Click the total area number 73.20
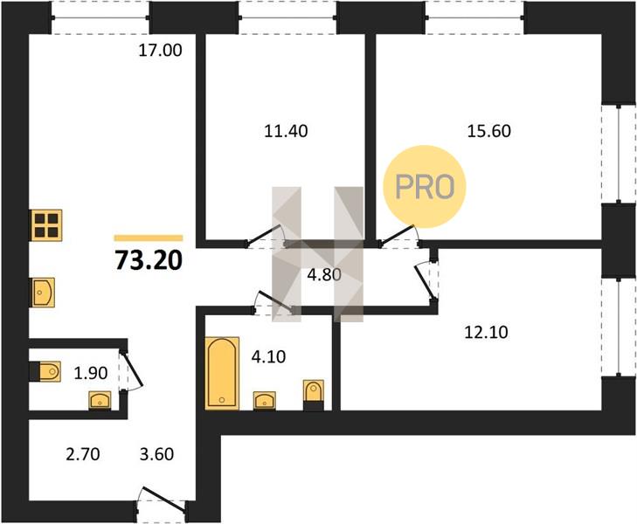pos(149,260)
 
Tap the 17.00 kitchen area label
pos(160,51)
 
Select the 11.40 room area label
pos(286,131)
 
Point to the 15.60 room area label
pos(489,131)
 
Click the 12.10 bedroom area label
pos(486,333)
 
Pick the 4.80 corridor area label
pos(324,275)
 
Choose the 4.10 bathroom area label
pos(268,357)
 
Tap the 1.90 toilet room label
pos(91,373)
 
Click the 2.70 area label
pos(83,454)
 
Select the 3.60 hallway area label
pos(156,454)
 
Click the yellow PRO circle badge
pos(424,187)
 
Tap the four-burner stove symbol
pos(46,225)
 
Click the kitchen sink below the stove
pos(42,293)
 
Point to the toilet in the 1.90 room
pos(46,371)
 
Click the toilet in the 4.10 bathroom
pos(314,395)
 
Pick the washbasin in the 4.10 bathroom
pos(265,401)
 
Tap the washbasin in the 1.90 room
pos(100,401)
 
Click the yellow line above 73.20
pos(149,238)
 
